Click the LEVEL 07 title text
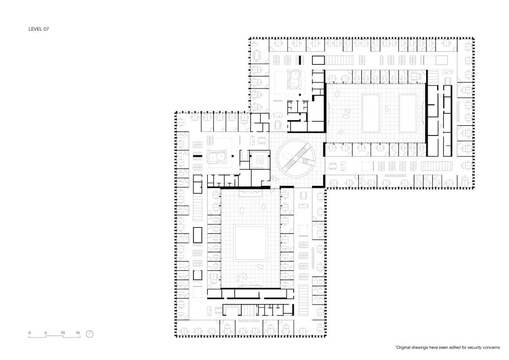38,30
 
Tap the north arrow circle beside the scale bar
90,334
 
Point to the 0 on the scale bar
30,333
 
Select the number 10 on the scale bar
63,333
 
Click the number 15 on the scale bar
78,333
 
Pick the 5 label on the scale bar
46,333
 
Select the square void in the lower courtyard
250,243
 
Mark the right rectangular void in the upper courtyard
410,112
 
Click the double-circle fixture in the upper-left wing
294,80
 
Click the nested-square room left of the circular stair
260,160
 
